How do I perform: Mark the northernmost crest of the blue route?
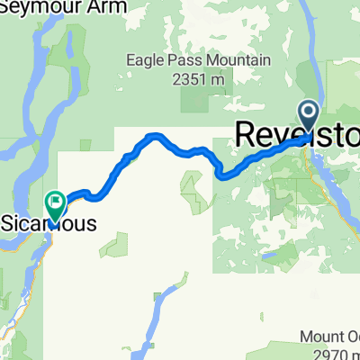coord(155,136)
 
